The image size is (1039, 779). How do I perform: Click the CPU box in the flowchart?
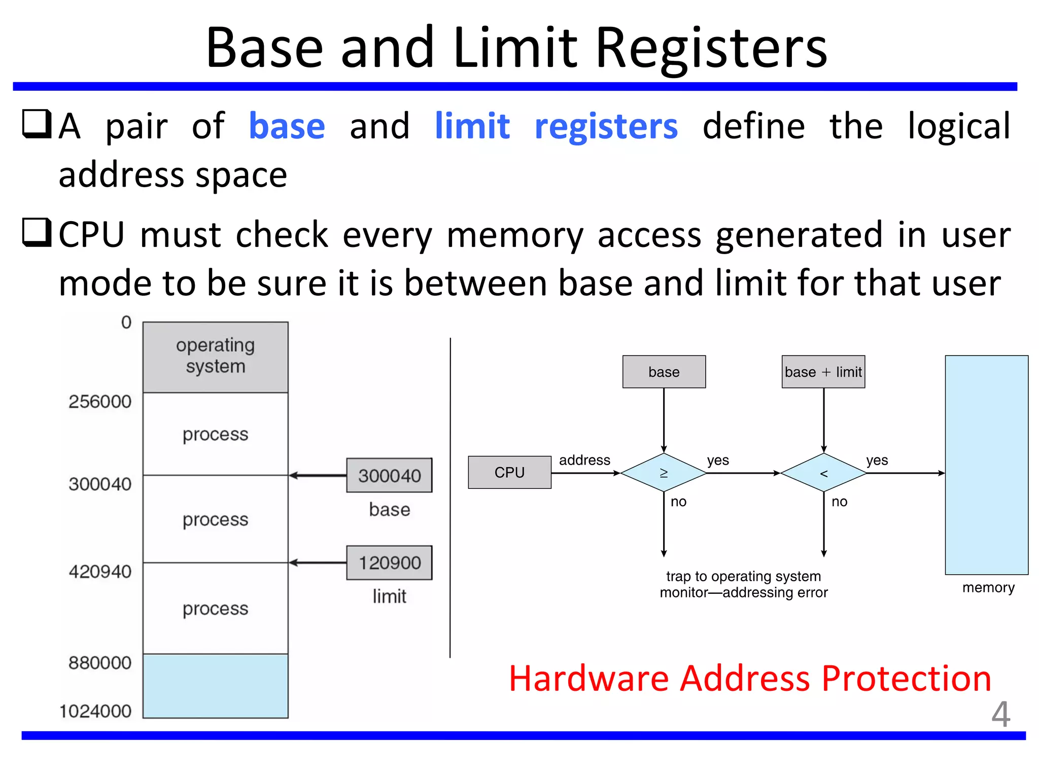[x=509, y=472]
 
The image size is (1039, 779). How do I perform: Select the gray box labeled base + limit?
[x=823, y=372]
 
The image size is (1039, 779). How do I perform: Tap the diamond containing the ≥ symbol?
[x=664, y=473]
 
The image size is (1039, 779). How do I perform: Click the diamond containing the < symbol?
[x=823, y=473]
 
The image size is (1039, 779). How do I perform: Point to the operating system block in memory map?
[x=215, y=357]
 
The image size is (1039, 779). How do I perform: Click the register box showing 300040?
[x=389, y=475]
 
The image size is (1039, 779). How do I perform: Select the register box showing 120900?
[x=389, y=562]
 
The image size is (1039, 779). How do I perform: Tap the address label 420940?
[x=100, y=572]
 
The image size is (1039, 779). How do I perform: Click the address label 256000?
[x=100, y=402]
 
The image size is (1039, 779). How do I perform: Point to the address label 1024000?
[x=95, y=711]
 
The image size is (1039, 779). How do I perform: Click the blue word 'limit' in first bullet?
[x=472, y=126]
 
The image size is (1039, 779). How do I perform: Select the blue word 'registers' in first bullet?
[x=606, y=127]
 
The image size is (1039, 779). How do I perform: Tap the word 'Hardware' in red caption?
[x=588, y=679]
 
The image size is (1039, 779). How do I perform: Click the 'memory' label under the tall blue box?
[x=988, y=587]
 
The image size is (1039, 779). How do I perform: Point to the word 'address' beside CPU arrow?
[x=584, y=460]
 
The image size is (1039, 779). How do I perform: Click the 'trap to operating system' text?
[x=743, y=576]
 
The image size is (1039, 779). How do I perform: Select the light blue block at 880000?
[x=215, y=686]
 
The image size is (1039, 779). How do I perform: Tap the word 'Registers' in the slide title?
[x=711, y=48]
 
